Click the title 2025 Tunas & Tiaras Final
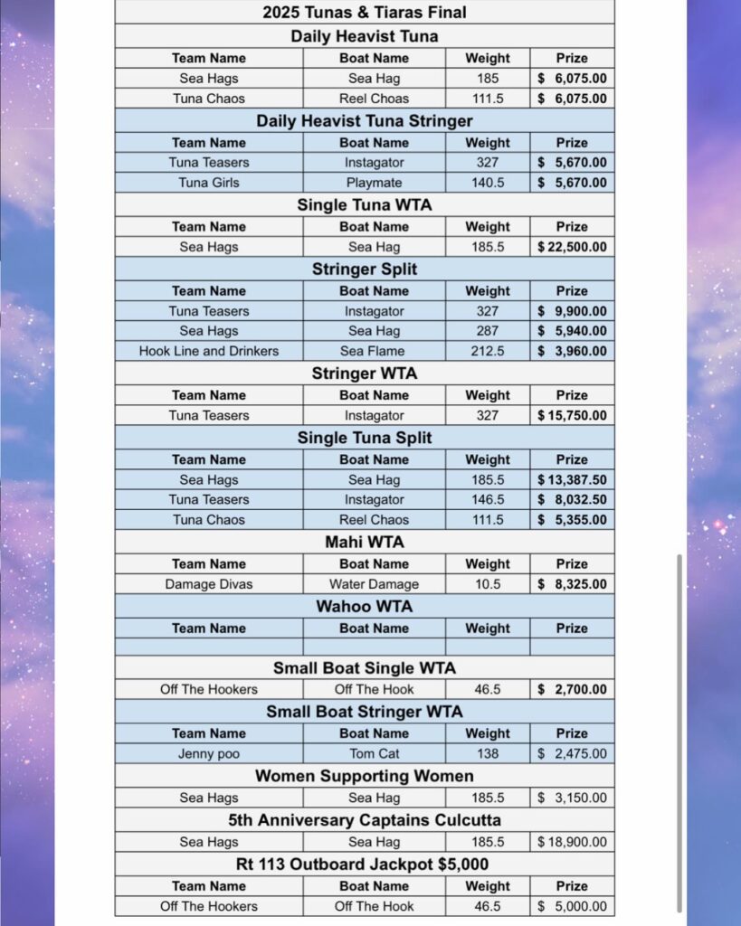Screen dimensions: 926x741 pos(365,12)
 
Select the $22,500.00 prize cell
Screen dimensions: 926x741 pos(572,247)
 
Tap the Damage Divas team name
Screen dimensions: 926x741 pos(209,584)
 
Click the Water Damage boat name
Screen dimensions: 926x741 pos(374,584)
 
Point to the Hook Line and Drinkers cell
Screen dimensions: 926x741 pos(209,351)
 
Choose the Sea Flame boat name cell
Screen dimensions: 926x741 pos(374,351)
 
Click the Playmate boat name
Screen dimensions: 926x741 pos(374,183)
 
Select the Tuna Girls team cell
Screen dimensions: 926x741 pos(209,183)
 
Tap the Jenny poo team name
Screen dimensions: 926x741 pos(209,753)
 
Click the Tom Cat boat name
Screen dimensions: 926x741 pos(374,753)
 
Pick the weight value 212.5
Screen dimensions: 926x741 pos(488,351)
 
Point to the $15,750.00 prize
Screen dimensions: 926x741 pos(572,416)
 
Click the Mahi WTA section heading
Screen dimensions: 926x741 pos(365,542)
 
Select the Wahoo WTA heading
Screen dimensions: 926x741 pos(365,606)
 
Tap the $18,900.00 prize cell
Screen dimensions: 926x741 pos(572,842)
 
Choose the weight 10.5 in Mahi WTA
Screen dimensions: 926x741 pos(488,584)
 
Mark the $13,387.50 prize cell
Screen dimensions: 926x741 pos(572,480)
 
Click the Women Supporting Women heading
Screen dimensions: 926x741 pos(365,776)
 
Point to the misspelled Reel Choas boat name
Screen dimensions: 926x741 pos(374,99)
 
